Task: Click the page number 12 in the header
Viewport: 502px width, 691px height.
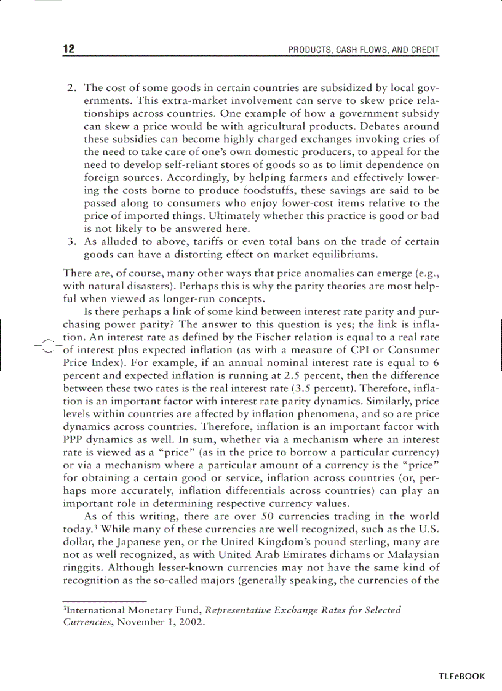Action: click(69, 49)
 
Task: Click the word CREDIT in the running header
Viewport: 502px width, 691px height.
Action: click(425, 50)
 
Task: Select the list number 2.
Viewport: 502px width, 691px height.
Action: click(71, 88)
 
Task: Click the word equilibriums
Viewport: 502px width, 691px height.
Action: click(345, 254)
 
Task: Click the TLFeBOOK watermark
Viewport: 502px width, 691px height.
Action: click(461, 676)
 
